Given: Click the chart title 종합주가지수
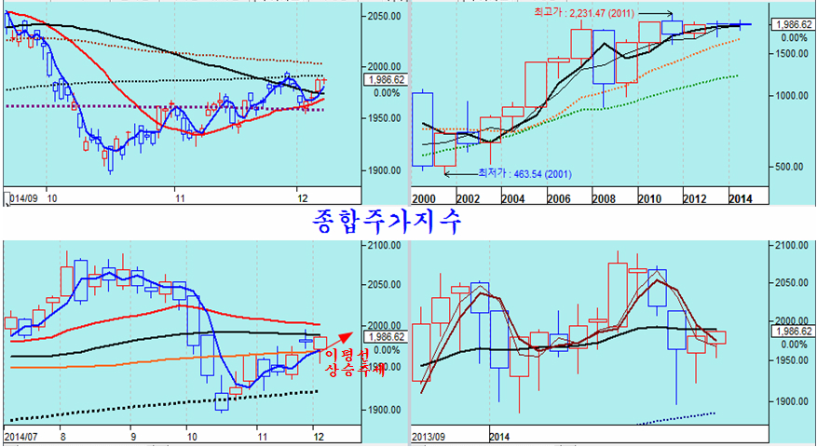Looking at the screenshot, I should click(x=386, y=221).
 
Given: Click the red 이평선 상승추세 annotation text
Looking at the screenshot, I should click(x=347, y=363).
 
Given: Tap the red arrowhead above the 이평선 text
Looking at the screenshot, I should click(x=349, y=334).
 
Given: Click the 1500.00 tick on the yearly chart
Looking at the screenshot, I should click(x=790, y=54).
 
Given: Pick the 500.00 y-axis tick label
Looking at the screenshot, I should click(x=790, y=166).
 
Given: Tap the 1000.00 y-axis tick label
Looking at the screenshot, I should click(x=790, y=95).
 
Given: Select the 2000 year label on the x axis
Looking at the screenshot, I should click(x=424, y=198).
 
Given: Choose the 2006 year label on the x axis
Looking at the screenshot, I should click(x=558, y=198).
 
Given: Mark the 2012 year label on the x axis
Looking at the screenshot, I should click(x=693, y=198).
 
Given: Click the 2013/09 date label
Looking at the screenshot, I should click(x=429, y=435).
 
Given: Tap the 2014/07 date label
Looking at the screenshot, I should click(x=21, y=435).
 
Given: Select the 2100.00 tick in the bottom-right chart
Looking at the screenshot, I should click(x=790, y=245).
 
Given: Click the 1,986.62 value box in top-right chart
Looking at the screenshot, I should click(x=790, y=25).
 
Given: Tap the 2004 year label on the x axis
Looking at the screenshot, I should click(x=513, y=198).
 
